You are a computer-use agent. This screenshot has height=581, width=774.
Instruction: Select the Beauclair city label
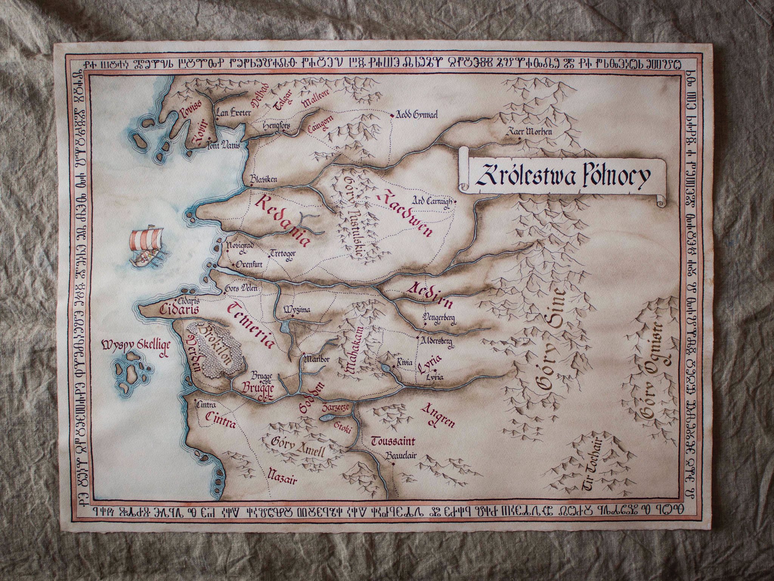point(401,456)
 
